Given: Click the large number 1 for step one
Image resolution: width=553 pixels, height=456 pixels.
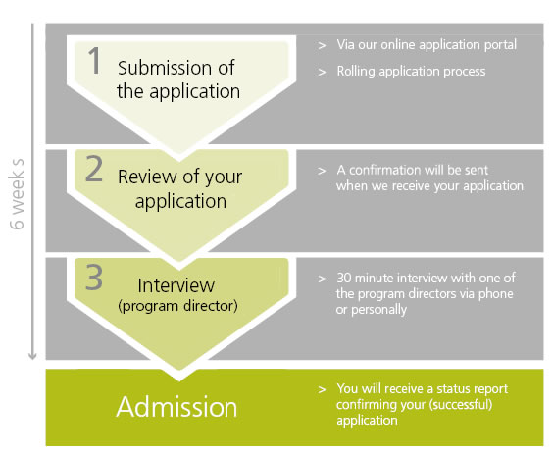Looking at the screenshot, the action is (x=94, y=61).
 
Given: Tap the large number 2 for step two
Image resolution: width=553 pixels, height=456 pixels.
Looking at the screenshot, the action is (x=94, y=170).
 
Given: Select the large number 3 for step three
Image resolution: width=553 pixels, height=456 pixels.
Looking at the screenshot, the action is (x=94, y=278).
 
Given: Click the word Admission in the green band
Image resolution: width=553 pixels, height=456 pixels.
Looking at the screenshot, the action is (x=176, y=407).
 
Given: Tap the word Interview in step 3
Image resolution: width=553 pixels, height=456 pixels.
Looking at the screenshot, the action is (x=176, y=285).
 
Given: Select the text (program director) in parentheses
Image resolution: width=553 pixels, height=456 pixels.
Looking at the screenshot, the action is (x=177, y=306).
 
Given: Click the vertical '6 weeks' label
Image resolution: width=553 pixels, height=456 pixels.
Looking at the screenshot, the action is (x=17, y=194).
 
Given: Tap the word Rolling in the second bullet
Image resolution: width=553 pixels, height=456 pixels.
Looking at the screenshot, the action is (x=356, y=72).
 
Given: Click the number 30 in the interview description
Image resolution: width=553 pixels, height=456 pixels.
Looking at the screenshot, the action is (x=344, y=278).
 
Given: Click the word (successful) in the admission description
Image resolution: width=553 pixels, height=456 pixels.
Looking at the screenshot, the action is (x=461, y=404).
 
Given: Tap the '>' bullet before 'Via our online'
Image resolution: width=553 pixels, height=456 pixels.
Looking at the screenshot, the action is (x=322, y=45).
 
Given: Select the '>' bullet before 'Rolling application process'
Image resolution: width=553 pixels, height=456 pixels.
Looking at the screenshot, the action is (x=322, y=72).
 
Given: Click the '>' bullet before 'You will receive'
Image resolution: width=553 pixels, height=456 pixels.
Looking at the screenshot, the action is (x=322, y=389).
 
